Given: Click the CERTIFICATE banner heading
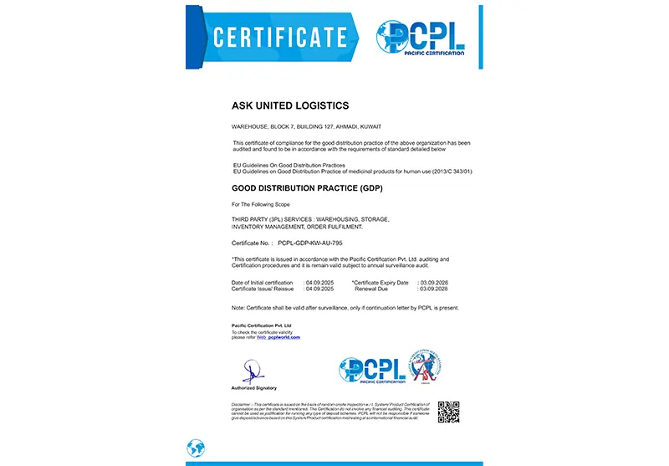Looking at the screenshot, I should (279, 37).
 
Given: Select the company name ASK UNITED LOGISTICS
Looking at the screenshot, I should (289, 105).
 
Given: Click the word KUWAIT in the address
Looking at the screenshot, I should (370, 126).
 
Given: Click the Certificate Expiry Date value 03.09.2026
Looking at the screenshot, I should (432, 282).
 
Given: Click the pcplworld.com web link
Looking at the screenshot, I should (283, 337).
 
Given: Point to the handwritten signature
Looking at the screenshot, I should (252, 371).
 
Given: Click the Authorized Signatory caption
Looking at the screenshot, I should (253, 388).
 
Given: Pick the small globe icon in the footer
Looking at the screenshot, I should (196, 448).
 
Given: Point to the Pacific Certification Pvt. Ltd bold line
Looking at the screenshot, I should (261, 325).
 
